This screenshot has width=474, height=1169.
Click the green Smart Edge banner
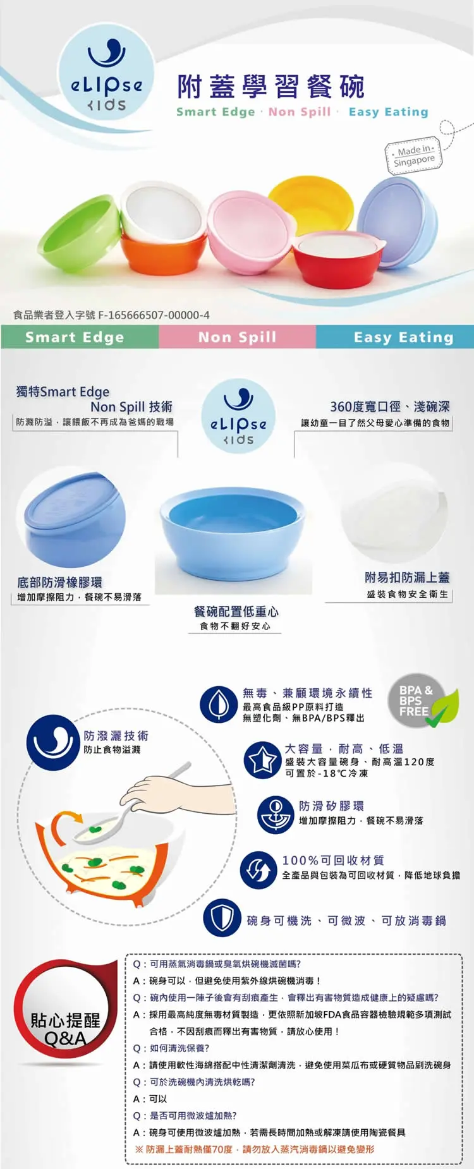click(80, 337)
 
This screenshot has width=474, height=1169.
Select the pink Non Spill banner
click(238, 337)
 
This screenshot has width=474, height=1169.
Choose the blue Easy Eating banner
click(395, 337)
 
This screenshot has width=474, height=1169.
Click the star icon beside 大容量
click(262, 760)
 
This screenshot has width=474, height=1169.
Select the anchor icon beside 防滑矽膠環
click(276, 815)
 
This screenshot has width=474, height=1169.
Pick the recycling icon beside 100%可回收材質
click(259, 869)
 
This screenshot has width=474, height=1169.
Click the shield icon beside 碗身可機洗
click(222, 918)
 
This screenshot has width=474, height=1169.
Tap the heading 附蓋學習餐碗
click(271, 87)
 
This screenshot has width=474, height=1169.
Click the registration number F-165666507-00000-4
click(154, 315)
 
